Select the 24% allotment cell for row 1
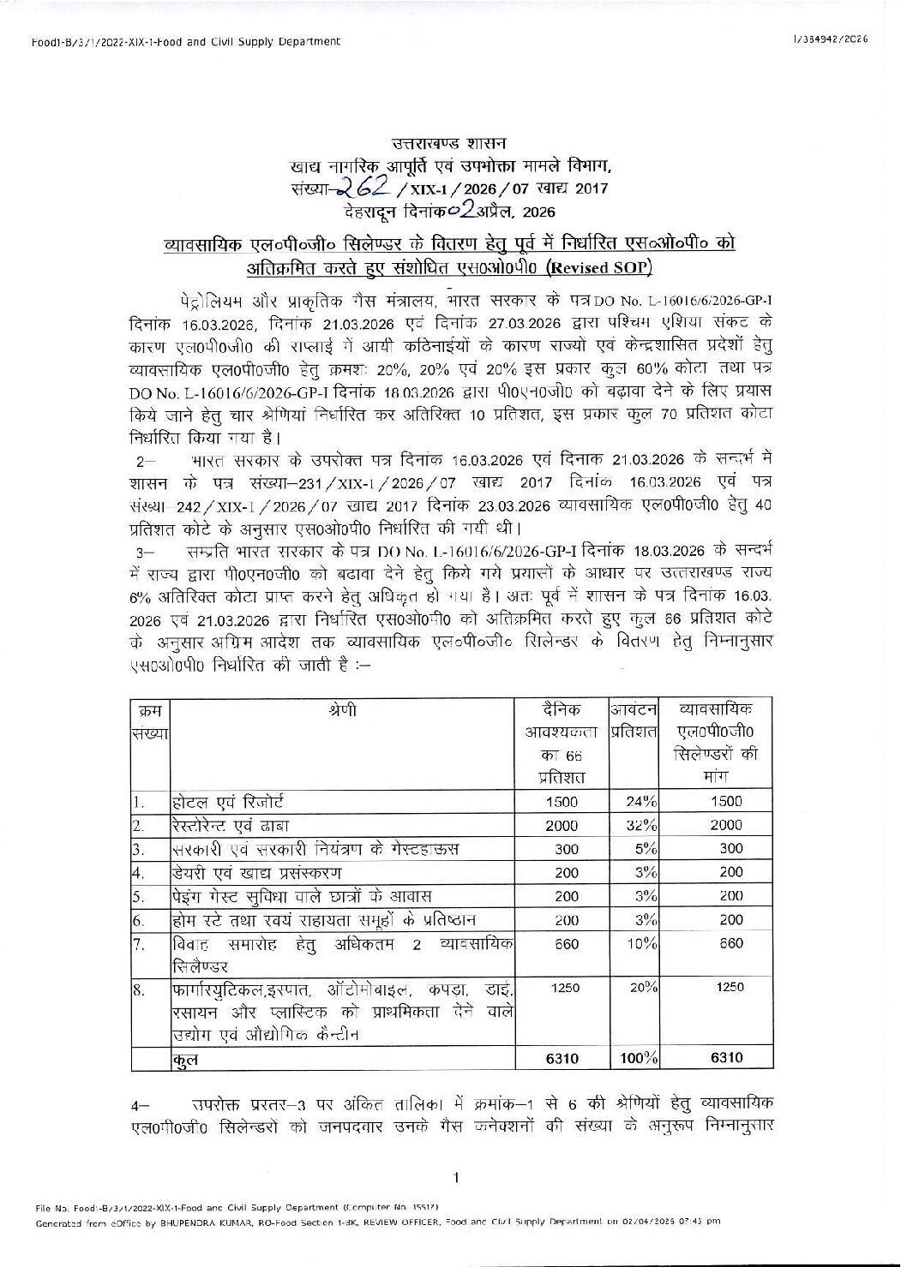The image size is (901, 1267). pyautogui.click(x=638, y=802)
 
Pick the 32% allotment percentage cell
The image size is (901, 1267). pyautogui.click(x=638, y=825)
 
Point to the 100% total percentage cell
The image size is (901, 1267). pyautogui.click(x=637, y=1058)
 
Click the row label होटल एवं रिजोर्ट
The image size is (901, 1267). pyautogui.click(x=221, y=802)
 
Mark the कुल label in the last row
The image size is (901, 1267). pyautogui.click(x=184, y=1060)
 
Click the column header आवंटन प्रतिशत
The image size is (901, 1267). pyautogui.click(x=634, y=720)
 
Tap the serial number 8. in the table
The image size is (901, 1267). pyautogui.click(x=140, y=989)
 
